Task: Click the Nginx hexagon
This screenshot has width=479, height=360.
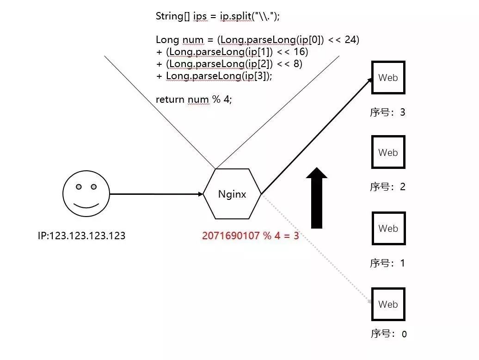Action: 232,194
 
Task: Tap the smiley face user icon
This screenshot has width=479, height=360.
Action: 86,193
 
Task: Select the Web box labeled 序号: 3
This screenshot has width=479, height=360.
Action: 388,78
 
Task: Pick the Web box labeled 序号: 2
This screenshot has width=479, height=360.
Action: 388,152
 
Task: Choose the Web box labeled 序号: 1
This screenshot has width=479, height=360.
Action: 388,228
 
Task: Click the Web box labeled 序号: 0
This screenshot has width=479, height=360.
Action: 388,304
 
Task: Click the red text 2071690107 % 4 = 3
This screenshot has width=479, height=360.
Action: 250,236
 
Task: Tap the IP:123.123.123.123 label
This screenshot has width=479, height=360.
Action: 81,236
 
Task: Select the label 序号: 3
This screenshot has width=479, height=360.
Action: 387,112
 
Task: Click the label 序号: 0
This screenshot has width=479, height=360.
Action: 388,334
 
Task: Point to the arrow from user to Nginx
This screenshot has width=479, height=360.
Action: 156,194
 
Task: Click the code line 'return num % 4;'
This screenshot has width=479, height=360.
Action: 193,99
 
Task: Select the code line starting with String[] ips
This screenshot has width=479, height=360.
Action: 218,16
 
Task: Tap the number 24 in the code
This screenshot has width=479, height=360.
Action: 351,40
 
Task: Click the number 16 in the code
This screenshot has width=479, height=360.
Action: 301,52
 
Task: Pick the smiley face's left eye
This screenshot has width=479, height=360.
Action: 79,186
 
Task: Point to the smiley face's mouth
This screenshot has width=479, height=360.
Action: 86,205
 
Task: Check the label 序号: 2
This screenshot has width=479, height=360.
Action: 387,187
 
